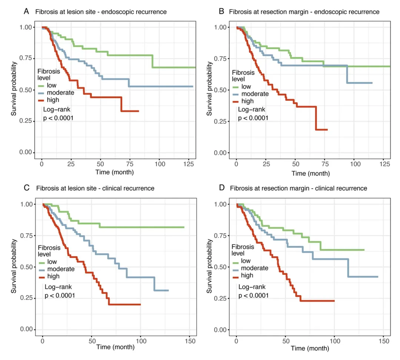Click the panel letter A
coord(26,11)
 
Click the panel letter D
coord(222,188)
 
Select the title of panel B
coord(304,12)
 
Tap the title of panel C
coord(95,188)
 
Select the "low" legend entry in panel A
coord(51,86)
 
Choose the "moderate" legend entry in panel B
coord(255,94)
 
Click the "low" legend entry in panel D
coord(246,261)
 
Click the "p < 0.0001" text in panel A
coord(58,119)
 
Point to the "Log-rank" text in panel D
coord(250,287)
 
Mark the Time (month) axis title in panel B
coord(310,173)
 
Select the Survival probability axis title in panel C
coord(14,267)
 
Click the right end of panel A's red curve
coord(139,111)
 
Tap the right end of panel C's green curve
coord(184,227)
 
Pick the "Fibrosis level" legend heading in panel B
coord(243,76)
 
